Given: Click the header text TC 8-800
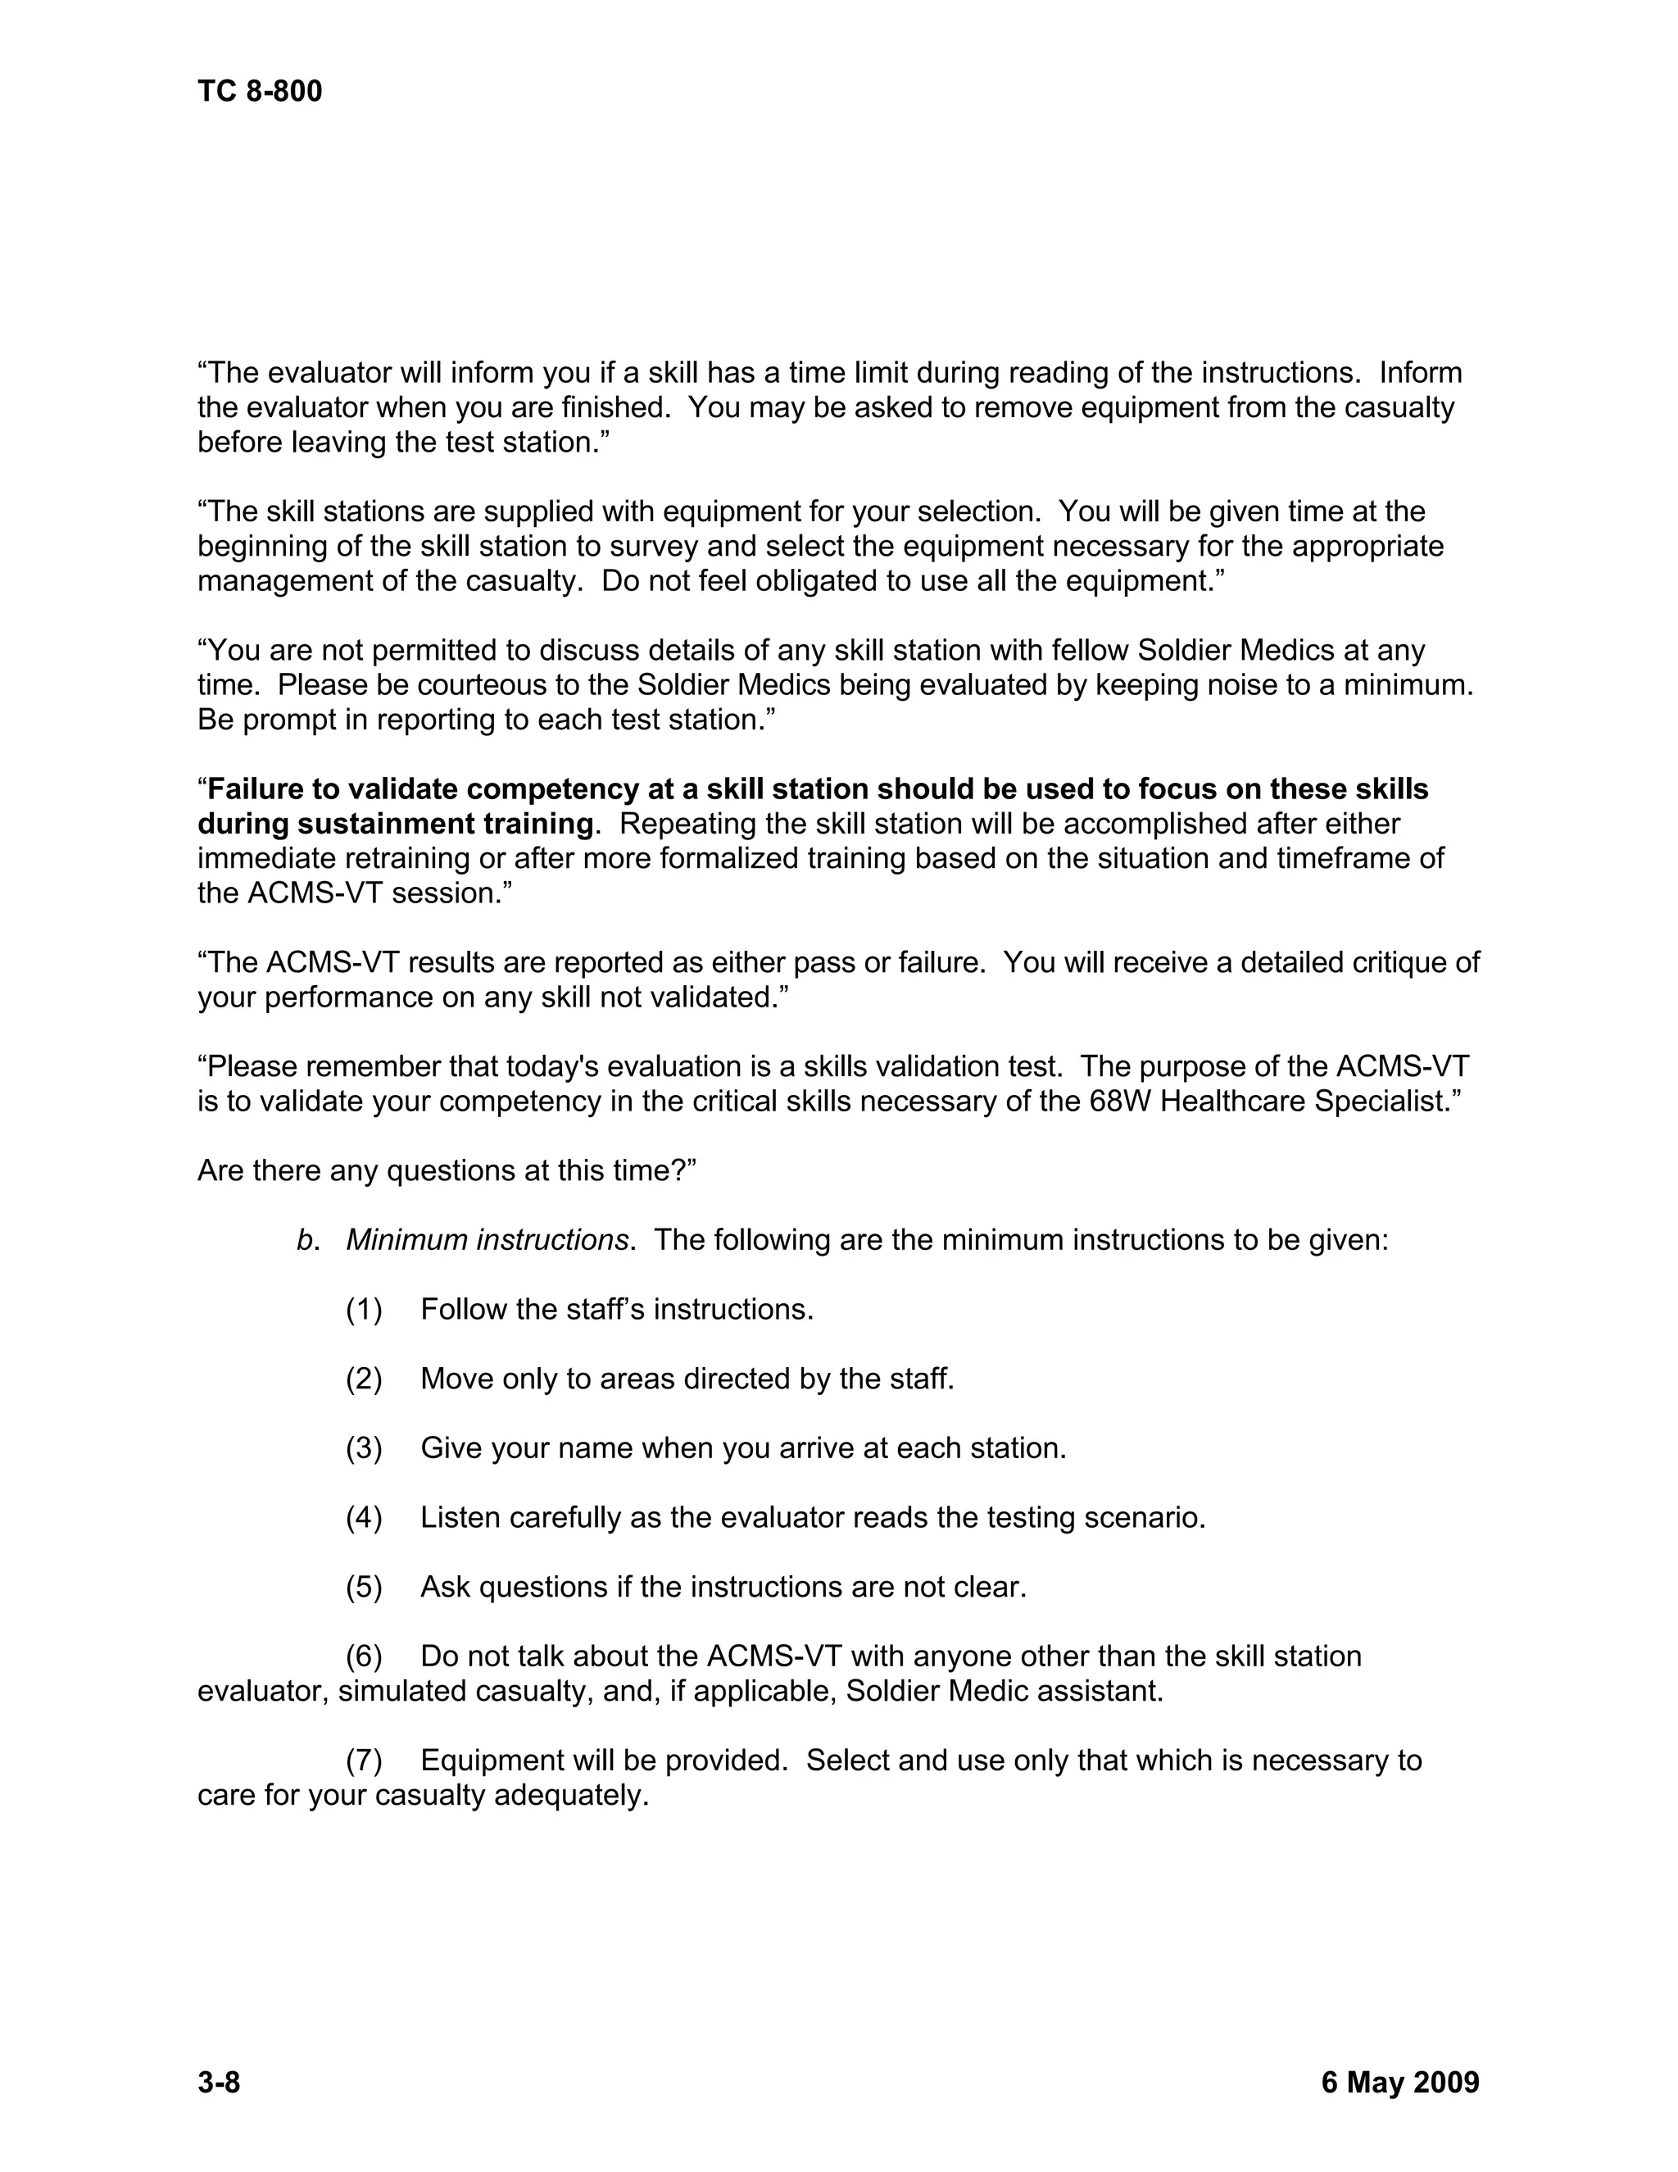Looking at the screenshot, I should coord(260,92).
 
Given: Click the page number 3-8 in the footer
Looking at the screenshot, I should coord(219,2082).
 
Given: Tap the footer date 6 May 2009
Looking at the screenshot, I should coord(1399,2082).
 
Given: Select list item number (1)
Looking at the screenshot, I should coord(364,1310).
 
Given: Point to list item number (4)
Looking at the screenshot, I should coord(364,1518).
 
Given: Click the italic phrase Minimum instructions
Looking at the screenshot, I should coord(488,1240).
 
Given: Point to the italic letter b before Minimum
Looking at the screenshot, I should coord(304,1240).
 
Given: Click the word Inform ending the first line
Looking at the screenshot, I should coord(1420,373).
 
